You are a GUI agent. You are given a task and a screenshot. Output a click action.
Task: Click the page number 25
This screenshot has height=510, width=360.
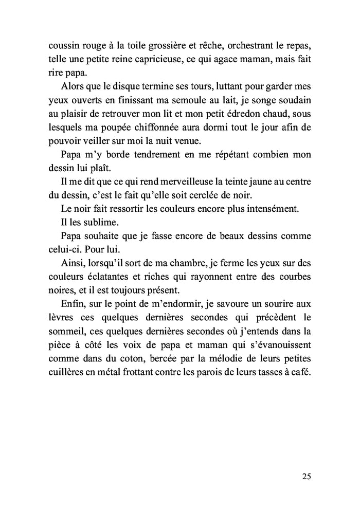[x=306, y=476]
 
